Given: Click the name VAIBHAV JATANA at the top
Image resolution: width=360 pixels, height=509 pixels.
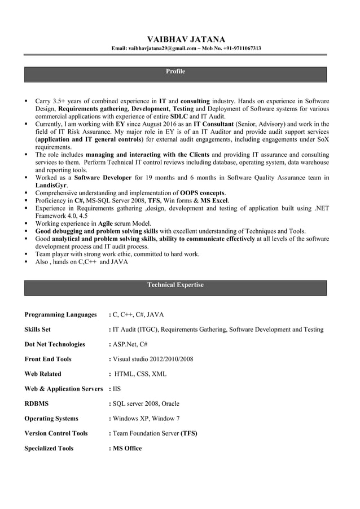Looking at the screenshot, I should [x=186, y=39].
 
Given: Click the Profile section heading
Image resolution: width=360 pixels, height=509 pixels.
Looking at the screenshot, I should [x=175, y=72].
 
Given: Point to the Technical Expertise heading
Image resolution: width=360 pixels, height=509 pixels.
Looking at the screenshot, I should [x=175, y=285].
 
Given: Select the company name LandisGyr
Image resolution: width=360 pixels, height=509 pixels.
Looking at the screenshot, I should [x=51, y=185].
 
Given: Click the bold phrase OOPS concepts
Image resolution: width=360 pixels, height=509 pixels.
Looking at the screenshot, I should [x=202, y=192].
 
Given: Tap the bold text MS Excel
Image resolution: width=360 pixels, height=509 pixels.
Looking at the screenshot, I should [x=214, y=200].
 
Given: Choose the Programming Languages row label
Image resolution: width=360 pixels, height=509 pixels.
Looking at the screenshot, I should [x=60, y=314].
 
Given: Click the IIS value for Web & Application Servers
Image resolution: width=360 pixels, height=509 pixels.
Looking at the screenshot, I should [x=116, y=389].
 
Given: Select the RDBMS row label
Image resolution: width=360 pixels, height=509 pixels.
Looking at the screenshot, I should [x=37, y=403].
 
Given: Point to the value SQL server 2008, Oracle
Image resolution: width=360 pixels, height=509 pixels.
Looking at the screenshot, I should [x=146, y=403].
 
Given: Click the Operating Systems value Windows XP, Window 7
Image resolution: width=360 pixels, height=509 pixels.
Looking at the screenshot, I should [x=146, y=418].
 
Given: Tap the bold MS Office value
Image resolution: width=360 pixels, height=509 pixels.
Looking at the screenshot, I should [x=127, y=448].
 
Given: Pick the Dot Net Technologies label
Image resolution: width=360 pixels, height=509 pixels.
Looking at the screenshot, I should [x=55, y=344].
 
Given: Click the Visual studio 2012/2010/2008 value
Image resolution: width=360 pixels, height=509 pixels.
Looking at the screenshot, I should [x=153, y=359].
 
